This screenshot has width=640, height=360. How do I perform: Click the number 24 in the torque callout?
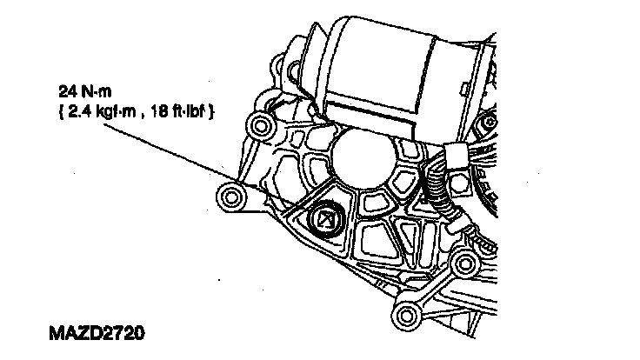(68, 91)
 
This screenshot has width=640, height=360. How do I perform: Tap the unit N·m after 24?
(97, 91)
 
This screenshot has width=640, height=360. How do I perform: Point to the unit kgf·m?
(116, 111)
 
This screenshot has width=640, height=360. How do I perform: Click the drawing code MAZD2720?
(97, 333)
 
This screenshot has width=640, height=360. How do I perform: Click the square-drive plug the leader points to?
(325, 220)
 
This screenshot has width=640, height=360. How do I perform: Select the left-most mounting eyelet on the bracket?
(231, 197)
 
